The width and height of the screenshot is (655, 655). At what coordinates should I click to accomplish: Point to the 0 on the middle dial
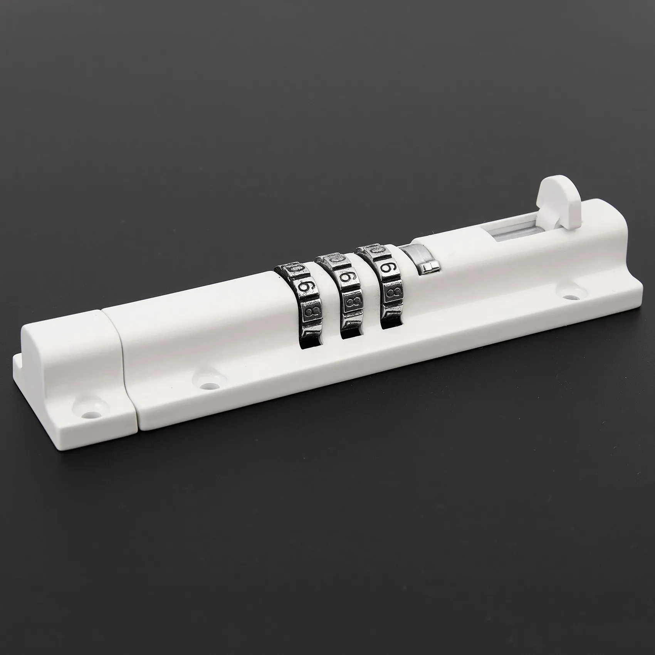coord(334,259)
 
